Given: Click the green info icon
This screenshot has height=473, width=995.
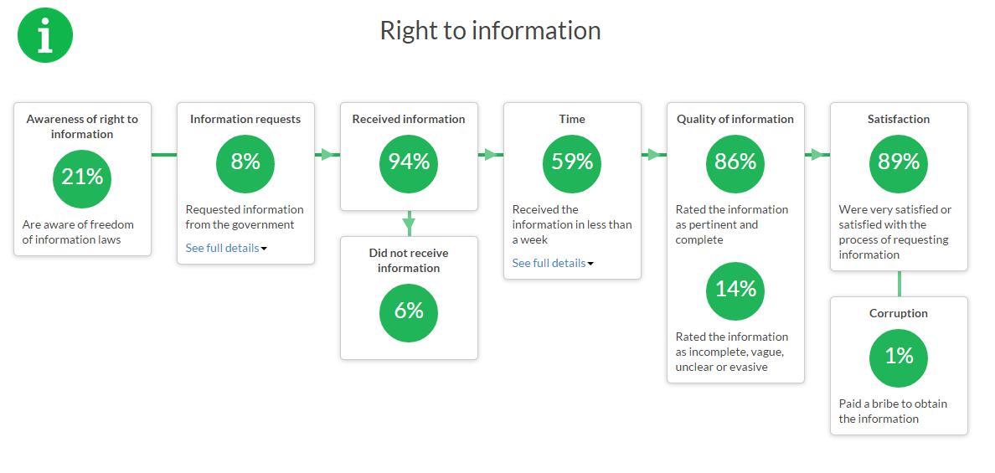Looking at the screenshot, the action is click(45, 35).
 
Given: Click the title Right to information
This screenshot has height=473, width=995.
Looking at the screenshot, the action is click(490, 30).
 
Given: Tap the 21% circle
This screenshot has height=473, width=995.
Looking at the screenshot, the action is click(82, 179).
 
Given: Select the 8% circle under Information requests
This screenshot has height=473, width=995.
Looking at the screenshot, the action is click(245, 163).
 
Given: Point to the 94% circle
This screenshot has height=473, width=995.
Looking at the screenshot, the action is click(409, 163).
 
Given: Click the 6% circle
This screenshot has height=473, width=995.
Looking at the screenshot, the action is click(409, 312).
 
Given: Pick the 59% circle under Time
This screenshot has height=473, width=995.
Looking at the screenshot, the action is click(572, 163).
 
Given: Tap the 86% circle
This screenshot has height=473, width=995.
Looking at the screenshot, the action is click(735, 163).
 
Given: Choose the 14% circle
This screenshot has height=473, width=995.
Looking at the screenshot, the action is click(735, 290).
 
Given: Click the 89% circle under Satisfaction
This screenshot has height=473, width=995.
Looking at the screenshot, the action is click(899, 163).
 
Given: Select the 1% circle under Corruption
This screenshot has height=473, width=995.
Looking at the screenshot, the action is click(899, 358).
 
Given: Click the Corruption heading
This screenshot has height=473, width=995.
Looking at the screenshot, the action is click(899, 313).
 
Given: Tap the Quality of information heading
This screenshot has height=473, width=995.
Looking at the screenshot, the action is click(735, 119).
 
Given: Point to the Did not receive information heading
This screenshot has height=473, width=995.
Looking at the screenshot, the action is click(409, 260).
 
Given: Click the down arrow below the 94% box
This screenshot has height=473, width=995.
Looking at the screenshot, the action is click(409, 224).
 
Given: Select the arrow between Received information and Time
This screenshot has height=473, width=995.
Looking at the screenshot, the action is click(491, 154).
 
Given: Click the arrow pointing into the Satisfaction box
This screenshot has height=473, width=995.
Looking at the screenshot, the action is click(817, 154).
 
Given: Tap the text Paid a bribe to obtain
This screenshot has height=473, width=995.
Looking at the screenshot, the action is click(894, 404).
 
